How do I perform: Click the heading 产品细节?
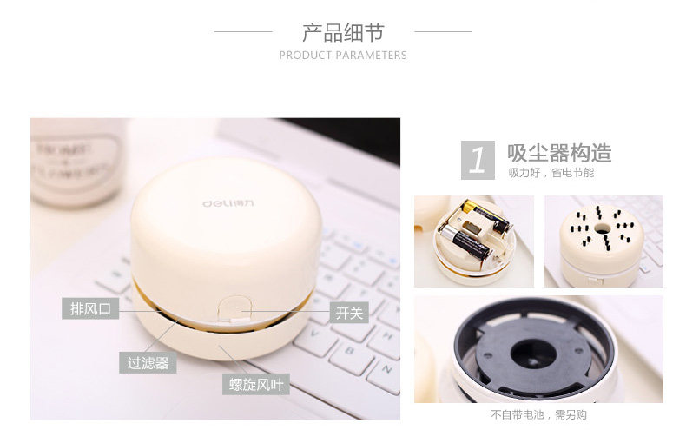point(343,33)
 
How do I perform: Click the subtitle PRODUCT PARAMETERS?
point(343,56)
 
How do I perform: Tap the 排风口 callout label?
point(91,308)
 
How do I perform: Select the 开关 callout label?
point(349,313)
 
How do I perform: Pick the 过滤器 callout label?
point(148,363)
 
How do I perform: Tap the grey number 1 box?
point(477,160)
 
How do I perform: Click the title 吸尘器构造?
point(559,154)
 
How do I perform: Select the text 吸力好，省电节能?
point(551,173)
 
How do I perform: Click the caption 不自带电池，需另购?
point(538,415)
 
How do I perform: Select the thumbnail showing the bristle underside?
point(603,241)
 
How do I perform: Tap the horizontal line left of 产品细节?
point(243,32)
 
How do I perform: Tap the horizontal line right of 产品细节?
point(443,32)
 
